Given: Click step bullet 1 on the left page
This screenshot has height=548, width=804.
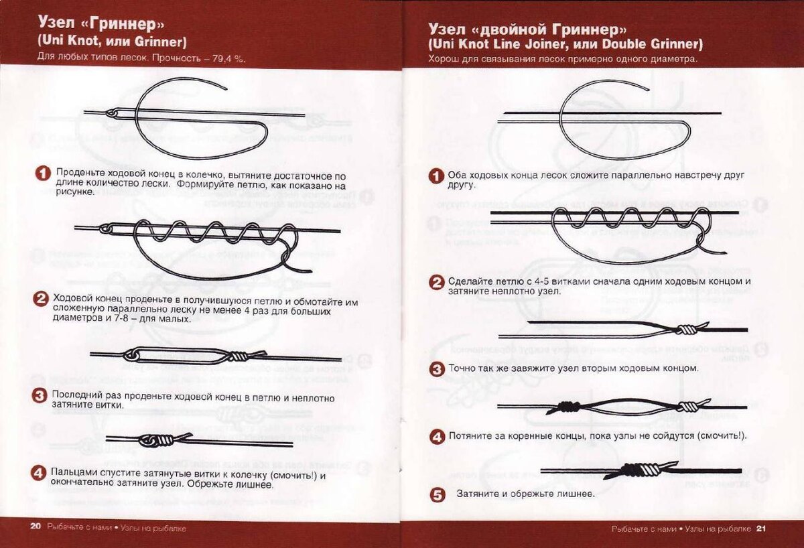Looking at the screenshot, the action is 43,174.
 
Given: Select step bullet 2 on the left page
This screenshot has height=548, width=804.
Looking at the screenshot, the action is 40,299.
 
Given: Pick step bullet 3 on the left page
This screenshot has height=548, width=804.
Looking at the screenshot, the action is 39,396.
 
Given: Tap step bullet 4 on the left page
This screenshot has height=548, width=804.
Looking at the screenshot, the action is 38,473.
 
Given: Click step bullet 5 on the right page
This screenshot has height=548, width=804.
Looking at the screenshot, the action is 437,495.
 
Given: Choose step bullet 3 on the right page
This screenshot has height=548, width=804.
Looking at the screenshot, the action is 437,369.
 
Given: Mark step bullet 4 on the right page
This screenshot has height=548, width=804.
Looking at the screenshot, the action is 437,437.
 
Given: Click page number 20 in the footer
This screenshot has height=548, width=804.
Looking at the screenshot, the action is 35,527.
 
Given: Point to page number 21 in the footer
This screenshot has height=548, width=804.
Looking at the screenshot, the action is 761,529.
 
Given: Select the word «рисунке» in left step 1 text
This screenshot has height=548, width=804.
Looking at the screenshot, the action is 74,192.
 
